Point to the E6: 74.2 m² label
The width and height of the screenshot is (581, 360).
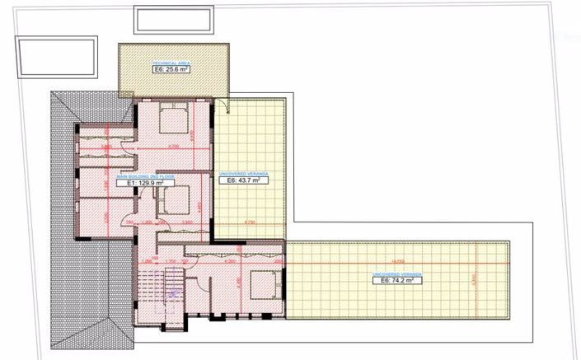pos(391,280)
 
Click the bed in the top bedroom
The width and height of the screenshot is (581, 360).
pos(173,119)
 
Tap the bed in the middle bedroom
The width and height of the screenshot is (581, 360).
pos(174,199)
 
